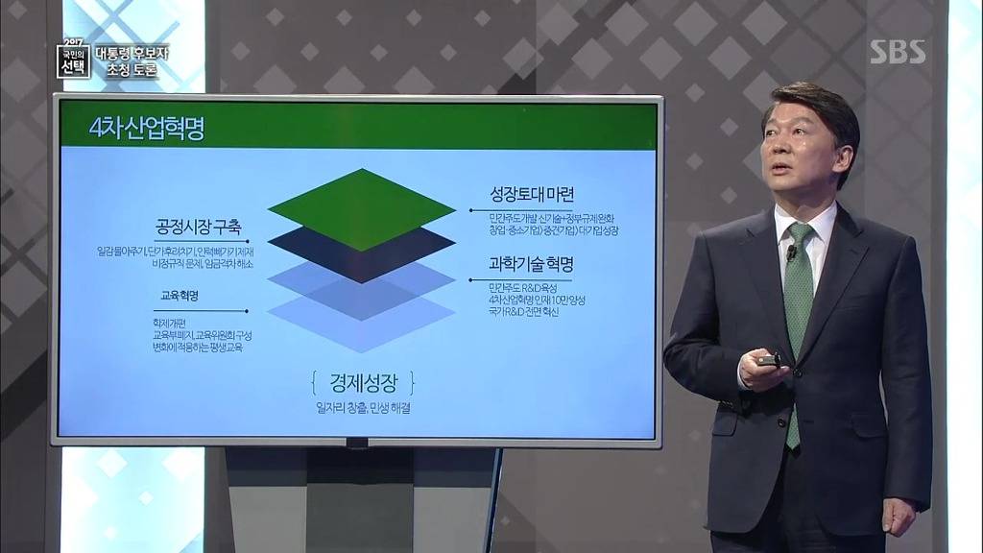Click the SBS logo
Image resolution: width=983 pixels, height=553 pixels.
click(898, 52)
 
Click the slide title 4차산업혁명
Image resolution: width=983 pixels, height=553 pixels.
click(146, 130)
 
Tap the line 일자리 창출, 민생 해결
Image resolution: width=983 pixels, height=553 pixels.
click(362, 409)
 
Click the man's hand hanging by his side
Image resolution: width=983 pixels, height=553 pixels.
click(899, 516)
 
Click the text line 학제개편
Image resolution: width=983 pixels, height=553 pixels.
click(168, 324)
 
